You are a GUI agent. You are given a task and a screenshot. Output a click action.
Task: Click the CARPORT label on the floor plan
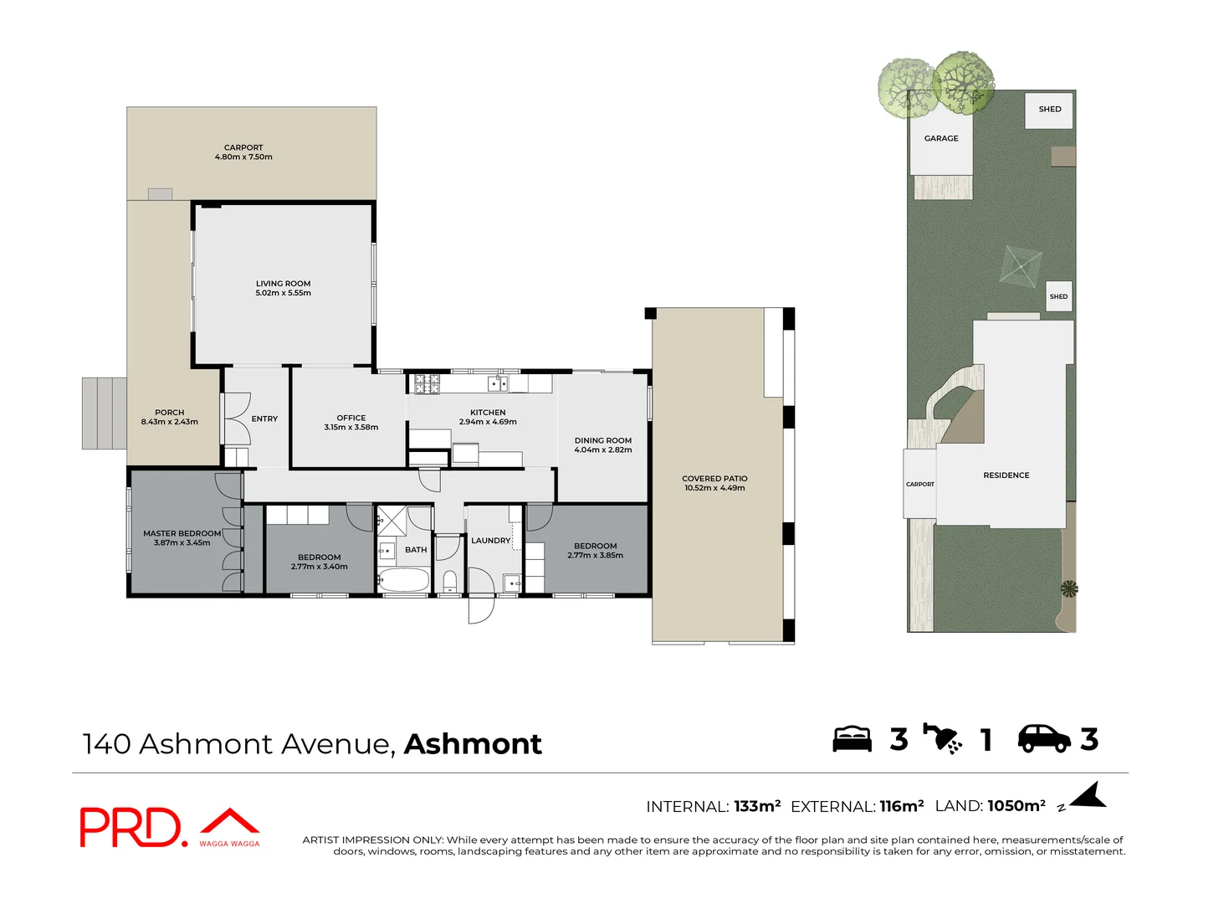(x=243, y=147)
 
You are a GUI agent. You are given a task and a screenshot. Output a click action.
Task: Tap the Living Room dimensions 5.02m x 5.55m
(x=283, y=294)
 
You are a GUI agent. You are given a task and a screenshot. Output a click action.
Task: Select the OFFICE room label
(x=351, y=418)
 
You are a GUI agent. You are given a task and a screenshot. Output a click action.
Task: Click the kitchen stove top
(x=427, y=384)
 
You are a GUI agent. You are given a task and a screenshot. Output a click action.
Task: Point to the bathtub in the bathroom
(x=403, y=580)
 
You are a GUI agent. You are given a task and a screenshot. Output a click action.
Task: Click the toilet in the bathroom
(x=449, y=582)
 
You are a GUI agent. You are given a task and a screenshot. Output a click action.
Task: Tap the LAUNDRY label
(x=490, y=541)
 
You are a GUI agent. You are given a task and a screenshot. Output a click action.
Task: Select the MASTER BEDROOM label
(x=182, y=533)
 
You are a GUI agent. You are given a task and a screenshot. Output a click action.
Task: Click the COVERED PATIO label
(x=714, y=479)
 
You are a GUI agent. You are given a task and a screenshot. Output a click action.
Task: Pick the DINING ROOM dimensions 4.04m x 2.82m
(x=602, y=450)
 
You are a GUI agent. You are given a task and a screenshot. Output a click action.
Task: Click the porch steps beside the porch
(x=104, y=413)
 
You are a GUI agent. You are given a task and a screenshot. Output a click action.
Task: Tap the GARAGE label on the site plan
(x=941, y=139)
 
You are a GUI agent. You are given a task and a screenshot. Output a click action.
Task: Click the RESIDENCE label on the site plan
(x=1006, y=475)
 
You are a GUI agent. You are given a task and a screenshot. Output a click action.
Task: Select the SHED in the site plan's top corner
(x=1049, y=110)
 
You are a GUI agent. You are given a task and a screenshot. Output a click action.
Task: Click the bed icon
(x=852, y=739)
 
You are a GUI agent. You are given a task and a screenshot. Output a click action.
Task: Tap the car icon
(x=1043, y=739)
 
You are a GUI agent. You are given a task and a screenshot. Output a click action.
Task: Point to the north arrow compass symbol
(x=1087, y=797)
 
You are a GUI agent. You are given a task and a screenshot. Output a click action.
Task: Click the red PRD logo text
(x=130, y=828)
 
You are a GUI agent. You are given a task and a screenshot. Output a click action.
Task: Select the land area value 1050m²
(x=1016, y=806)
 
